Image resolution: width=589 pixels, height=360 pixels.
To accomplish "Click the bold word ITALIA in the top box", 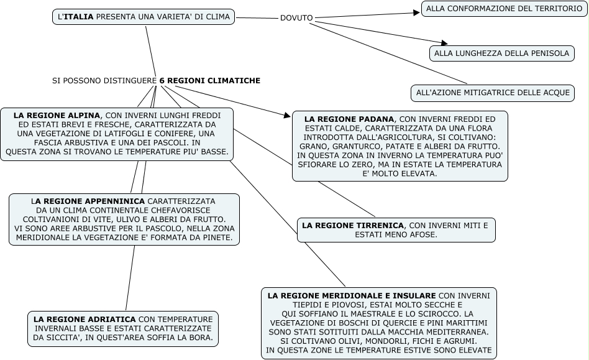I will point(79,17).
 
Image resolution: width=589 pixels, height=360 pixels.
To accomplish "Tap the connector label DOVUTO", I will point(296,18).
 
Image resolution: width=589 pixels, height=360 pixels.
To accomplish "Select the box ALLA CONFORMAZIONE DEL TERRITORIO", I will point(504,9).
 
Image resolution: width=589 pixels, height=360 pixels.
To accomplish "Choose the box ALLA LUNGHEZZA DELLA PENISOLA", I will point(501,53).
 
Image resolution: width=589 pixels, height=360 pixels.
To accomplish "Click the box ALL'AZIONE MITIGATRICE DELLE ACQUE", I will point(493,93).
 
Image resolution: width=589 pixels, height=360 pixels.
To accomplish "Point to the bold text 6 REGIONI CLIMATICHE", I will point(209,81).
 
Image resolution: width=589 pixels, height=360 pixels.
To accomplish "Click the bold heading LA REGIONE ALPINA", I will point(57,116).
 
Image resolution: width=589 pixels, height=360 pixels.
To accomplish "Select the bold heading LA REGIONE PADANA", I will point(349,119).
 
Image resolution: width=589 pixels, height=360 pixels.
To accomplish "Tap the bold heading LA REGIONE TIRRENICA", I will point(353,224).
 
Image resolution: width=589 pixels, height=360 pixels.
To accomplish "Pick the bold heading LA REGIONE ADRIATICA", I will point(84,318).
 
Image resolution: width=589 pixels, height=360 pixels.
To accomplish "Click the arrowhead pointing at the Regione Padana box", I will point(286,115).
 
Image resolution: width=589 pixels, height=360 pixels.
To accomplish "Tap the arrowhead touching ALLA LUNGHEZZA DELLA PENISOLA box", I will point(444,43).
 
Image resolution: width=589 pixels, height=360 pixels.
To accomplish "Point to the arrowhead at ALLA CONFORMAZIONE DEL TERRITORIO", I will point(417,12).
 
